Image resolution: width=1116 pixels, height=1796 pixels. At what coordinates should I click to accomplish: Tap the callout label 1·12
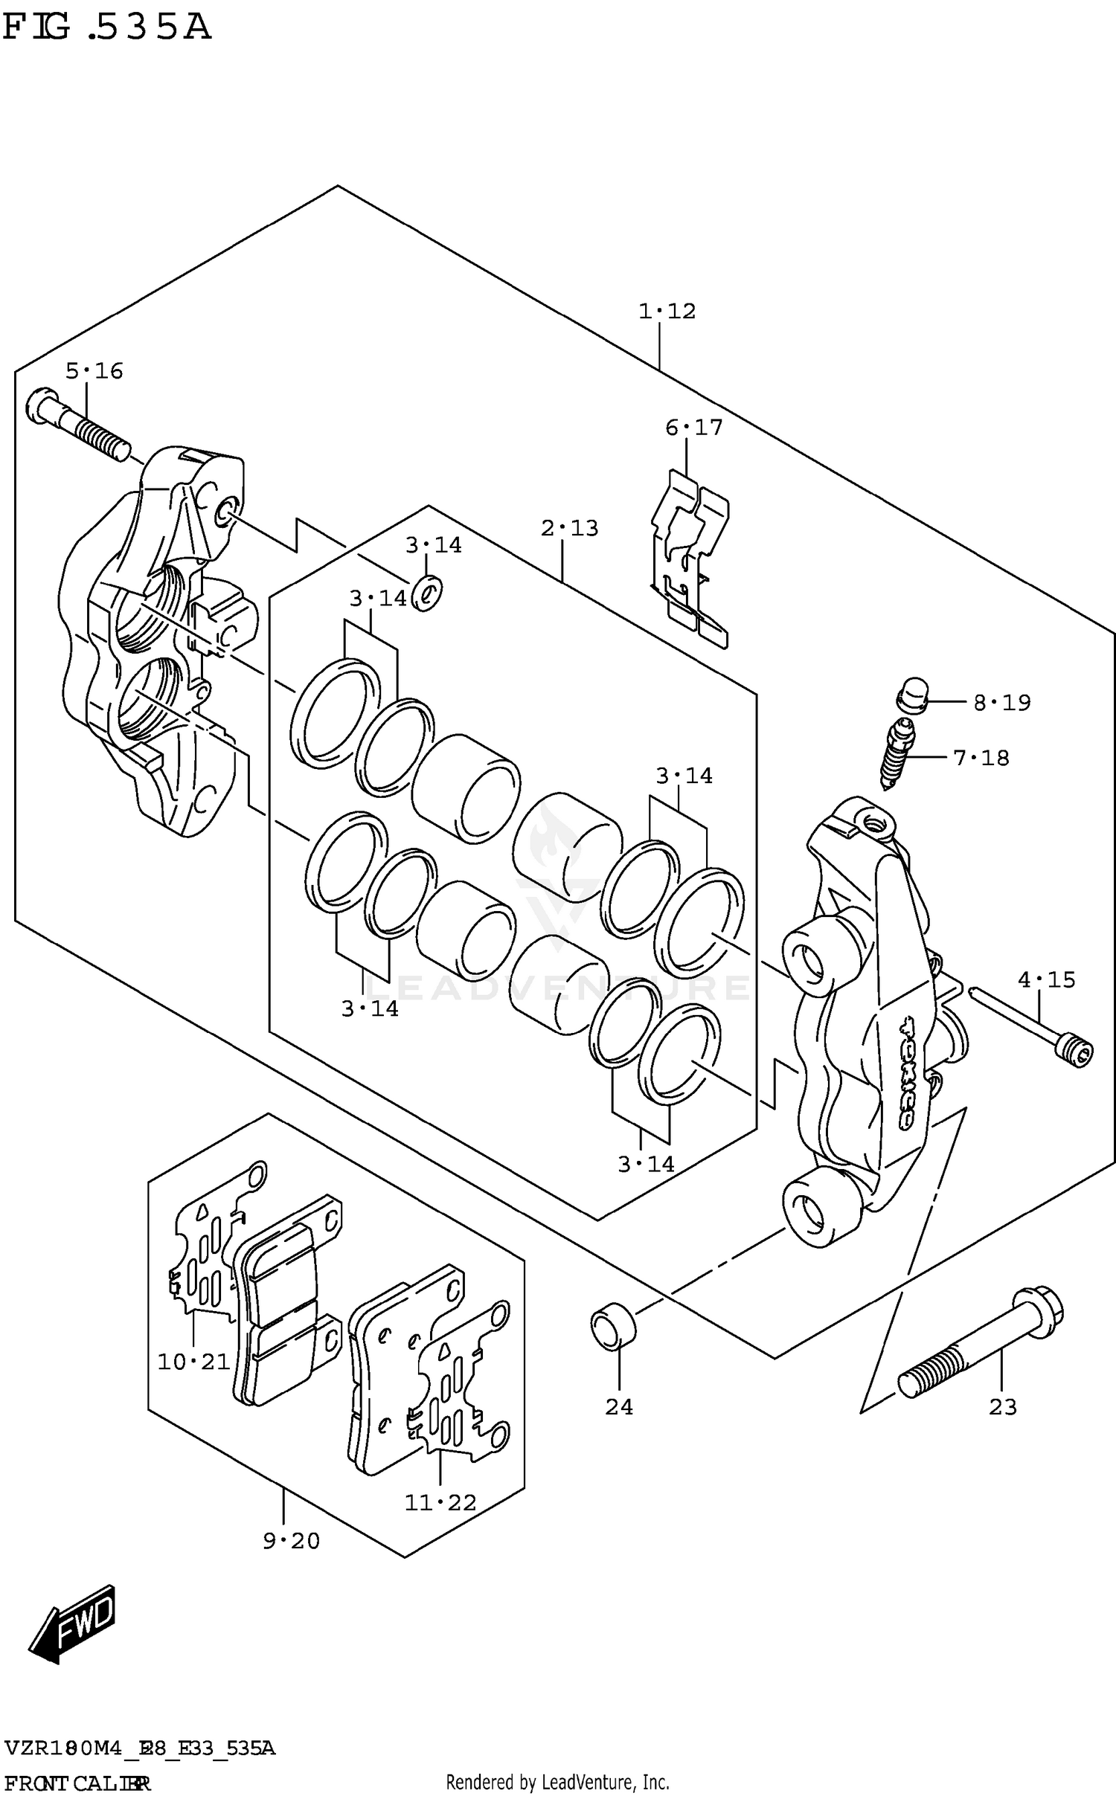(x=667, y=311)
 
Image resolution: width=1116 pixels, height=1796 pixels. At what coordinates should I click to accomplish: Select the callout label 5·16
(x=94, y=371)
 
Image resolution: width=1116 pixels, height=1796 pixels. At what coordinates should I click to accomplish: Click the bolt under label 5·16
(x=77, y=426)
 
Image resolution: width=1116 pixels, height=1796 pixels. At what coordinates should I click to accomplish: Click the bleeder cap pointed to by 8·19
(x=912, y=695)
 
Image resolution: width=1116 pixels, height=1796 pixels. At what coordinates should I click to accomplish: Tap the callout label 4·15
(x=1046, y=980)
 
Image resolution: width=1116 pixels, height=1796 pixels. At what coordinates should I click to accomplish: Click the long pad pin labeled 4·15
(x=1034, y=1026)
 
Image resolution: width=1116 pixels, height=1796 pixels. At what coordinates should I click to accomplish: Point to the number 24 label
(x=618, y=1406)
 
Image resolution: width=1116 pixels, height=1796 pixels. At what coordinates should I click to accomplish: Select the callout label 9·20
(x=291, y=1541)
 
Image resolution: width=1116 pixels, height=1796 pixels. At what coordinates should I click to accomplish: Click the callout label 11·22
(x=440, y=1502)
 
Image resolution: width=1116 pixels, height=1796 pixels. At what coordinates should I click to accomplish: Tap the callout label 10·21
(x=193, y=1362)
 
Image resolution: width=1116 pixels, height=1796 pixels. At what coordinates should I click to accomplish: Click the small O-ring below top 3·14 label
(x=427, y=592)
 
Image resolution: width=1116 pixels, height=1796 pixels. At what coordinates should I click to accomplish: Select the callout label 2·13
(x=569, y=528)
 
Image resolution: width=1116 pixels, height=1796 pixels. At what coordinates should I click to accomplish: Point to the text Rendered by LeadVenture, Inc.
(x=557, y=1782)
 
